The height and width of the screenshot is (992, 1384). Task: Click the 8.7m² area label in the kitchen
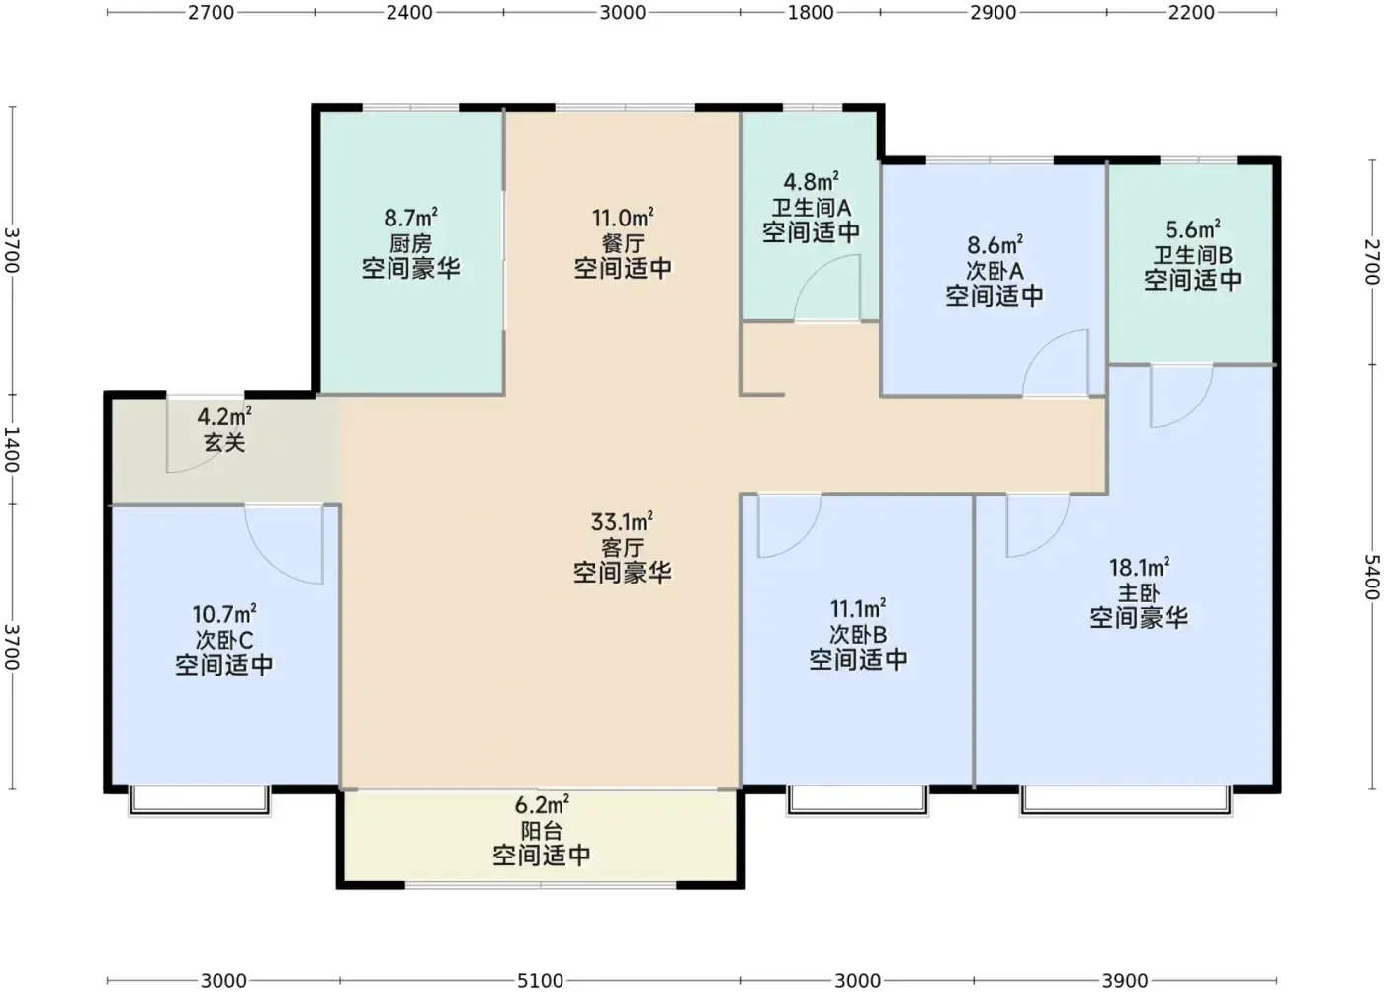(411, 218)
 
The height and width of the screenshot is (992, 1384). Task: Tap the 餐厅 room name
(623, 243)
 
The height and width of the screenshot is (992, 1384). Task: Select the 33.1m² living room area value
(622, 521)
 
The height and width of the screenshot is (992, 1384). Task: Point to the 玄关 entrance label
(224, 442)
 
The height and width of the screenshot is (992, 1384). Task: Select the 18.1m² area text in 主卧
(1139, 567)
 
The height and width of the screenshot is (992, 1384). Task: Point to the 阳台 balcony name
(542, 831)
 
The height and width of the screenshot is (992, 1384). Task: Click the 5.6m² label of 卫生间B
(1192, 229)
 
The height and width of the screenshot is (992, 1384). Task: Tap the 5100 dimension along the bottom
(540, 981)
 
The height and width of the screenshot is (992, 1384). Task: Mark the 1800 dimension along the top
(810, 12)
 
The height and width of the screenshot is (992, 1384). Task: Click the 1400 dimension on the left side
(12, 449)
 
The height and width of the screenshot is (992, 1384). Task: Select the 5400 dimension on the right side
(1372, 577)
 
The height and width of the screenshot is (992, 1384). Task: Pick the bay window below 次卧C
(199, 802)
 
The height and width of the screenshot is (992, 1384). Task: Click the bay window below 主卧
(1126, 802)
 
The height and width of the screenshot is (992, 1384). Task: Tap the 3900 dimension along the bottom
(1125, 981)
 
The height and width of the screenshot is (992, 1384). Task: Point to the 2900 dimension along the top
(993, 12)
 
